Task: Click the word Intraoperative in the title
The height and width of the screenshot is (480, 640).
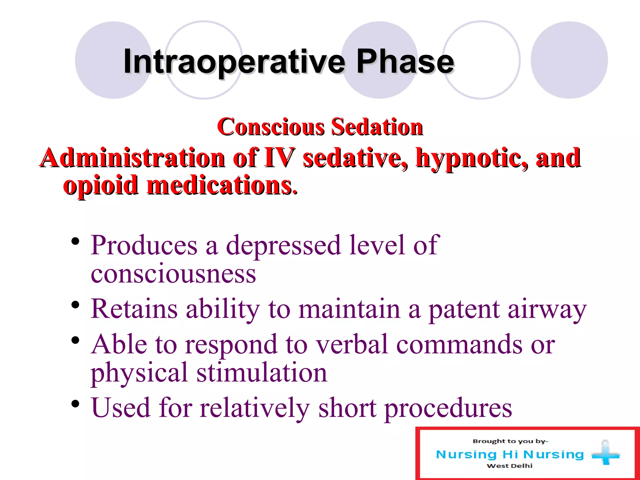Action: click(234, 62)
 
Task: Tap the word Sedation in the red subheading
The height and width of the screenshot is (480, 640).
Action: click(377, 127)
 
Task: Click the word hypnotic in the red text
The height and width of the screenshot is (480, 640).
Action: click(472, 158)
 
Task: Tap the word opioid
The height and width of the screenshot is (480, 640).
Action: click(101, 185)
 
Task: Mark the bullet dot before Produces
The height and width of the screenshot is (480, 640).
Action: click(75, 242)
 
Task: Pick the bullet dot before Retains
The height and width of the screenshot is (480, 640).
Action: click(75, 305)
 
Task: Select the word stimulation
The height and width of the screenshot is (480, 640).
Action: click(262, 372)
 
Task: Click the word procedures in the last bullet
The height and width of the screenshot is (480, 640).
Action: click(448, 408)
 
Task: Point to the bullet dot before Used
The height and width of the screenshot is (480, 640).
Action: click(75, 404)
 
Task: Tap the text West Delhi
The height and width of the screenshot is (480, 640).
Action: click(509, 466)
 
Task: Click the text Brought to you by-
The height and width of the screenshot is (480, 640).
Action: click(510, 441)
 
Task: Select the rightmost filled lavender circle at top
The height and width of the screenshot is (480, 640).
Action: click(569, 60)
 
